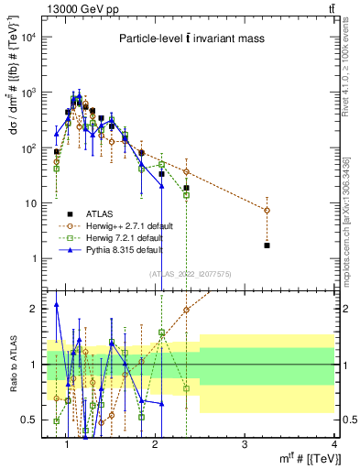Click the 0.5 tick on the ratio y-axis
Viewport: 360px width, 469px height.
[33, 420]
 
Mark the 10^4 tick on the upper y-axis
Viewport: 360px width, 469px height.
[29, 38]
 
